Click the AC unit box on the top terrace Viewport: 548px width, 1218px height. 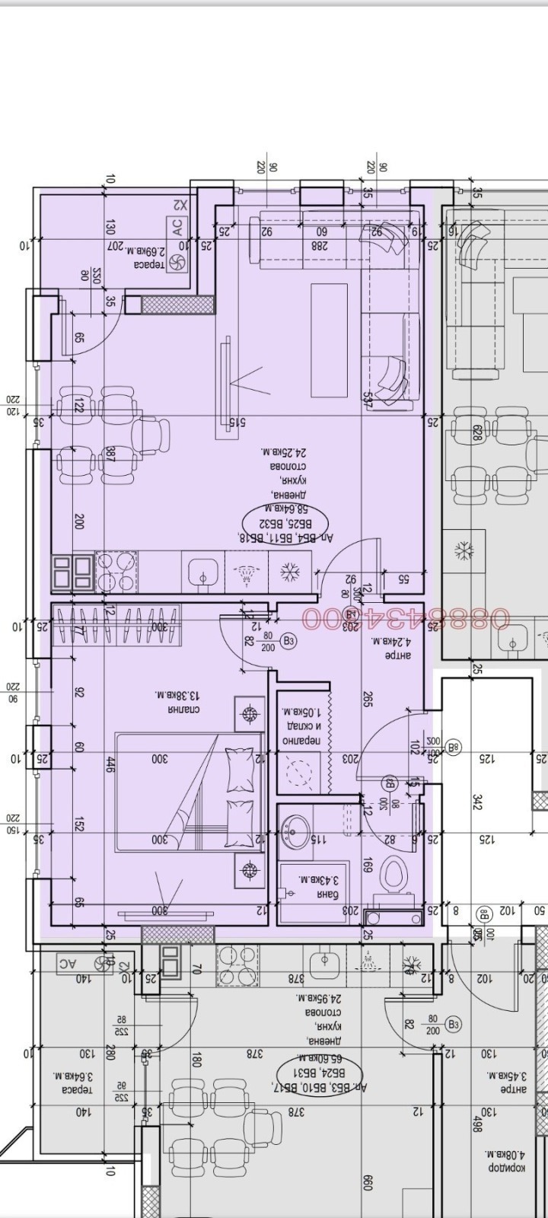(177, 226)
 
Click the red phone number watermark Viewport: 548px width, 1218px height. (406, 618)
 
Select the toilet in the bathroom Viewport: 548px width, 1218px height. (393, 875)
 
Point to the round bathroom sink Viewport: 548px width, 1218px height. (295, 828)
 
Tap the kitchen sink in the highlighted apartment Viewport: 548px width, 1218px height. (202, 571)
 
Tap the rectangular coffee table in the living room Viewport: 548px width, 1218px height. (329, 340)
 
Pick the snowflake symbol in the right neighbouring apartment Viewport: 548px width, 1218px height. (464, 550)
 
